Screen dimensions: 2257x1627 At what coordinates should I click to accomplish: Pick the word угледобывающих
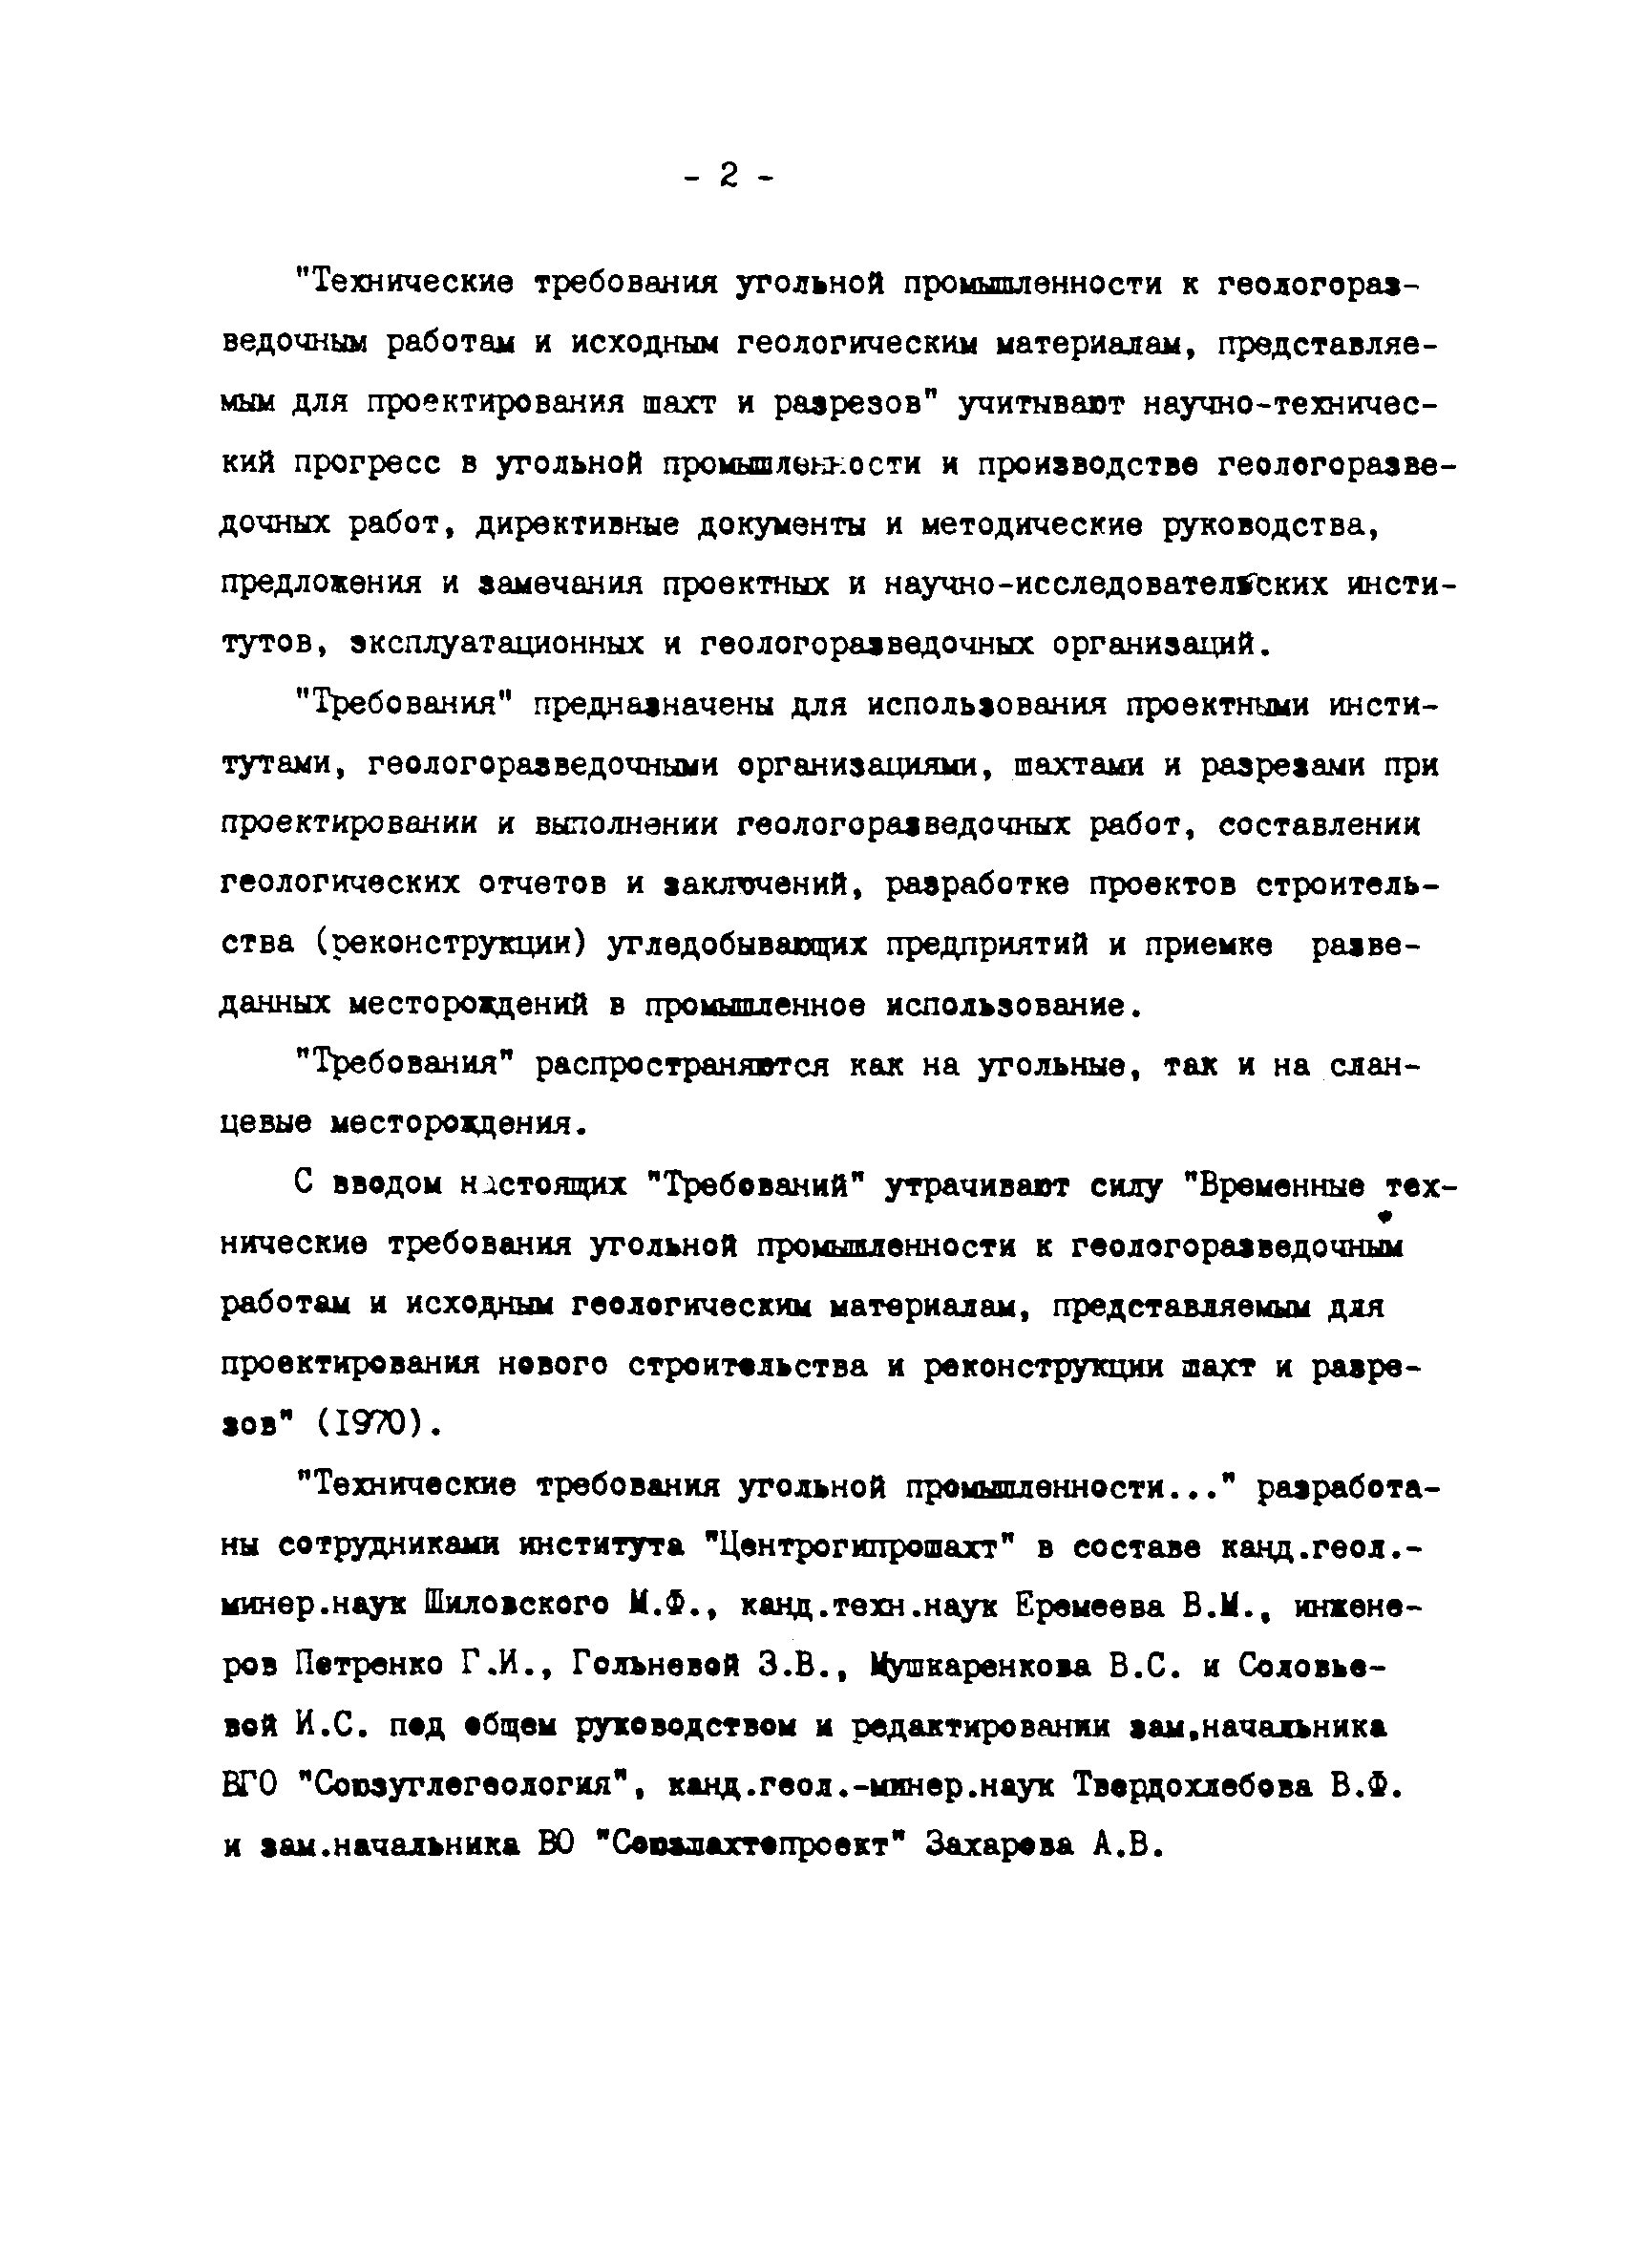[737, 944]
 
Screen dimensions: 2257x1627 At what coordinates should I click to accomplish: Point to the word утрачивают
[974, 1185]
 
